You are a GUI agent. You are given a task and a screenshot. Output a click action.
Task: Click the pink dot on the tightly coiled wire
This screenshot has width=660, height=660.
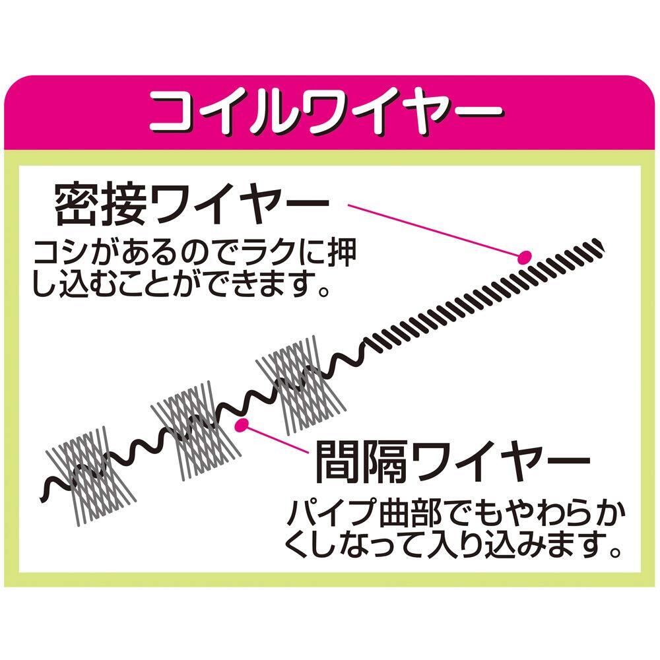525,257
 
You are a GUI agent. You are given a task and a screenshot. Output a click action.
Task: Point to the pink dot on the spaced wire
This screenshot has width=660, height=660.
242,424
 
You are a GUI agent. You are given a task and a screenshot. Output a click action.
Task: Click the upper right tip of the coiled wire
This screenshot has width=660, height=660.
599,244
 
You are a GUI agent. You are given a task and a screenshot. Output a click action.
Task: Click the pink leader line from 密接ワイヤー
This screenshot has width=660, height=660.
436,230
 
